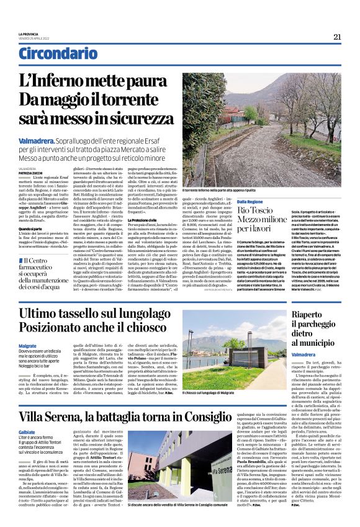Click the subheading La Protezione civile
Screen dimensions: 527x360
[142, 220]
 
